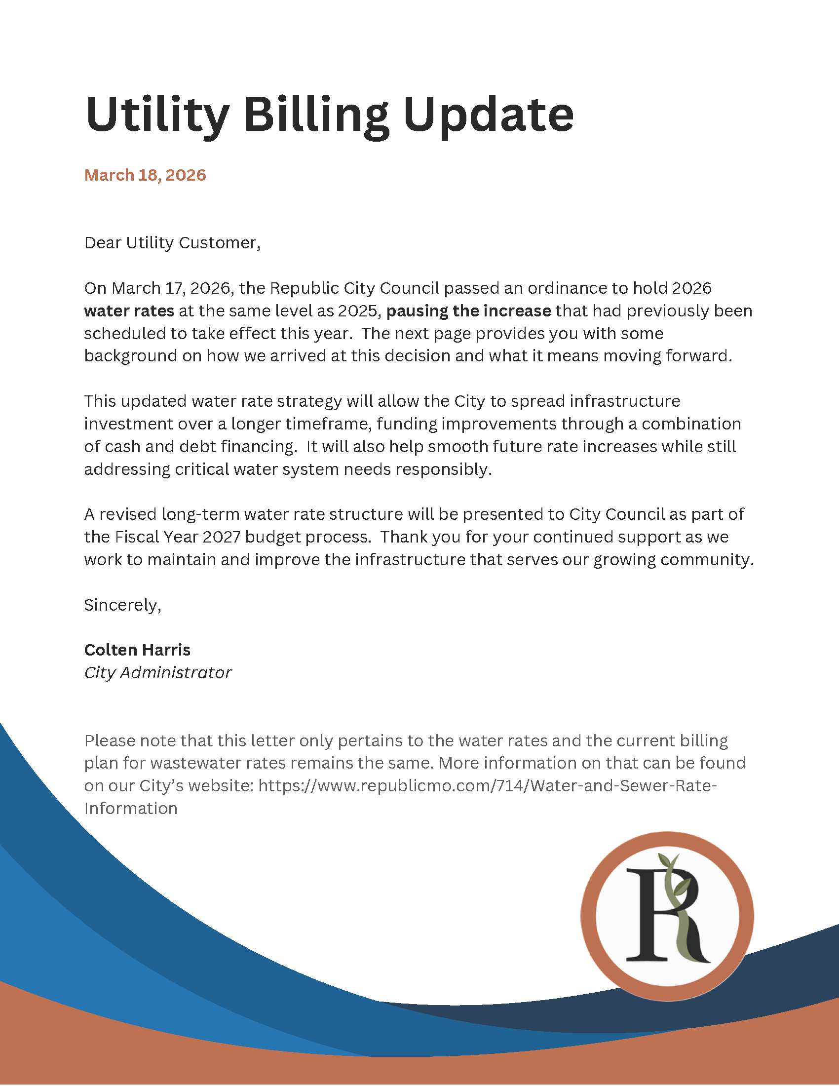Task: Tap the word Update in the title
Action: click(488, 115)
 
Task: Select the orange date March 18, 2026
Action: click(145, 175)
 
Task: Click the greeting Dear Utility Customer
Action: click(172, 243)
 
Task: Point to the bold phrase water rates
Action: click(129, 311)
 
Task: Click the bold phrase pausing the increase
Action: click(469, 311)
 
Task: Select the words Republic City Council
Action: click(354, 288)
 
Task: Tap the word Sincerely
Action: click(122, 605)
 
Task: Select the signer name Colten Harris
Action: click(137, 650)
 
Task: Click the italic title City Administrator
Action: click(157, 673)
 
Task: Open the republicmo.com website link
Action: click(487, 786)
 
